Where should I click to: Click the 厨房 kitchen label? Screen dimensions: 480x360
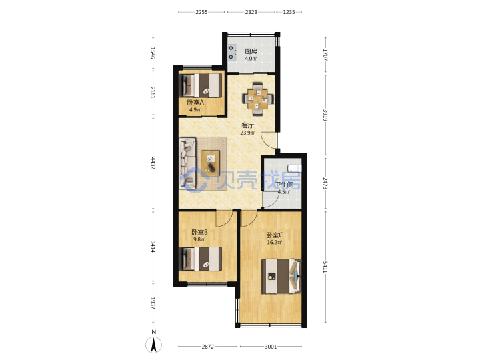point(251,51)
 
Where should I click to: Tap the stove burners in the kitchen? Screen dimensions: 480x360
point(233,53)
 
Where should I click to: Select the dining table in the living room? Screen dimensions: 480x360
point(257,99)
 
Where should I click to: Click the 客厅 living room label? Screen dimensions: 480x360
point(247,125)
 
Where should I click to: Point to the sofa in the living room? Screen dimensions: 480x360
point(187,163)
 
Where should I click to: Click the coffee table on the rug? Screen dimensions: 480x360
point(210,161)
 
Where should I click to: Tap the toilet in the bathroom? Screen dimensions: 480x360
point(295,168)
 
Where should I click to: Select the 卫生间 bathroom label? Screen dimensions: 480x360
point(284,185)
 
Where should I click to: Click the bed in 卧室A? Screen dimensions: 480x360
point(201,85)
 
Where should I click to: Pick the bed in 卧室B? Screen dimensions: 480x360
point(201,259)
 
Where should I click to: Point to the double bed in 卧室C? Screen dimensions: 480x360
point(281,276)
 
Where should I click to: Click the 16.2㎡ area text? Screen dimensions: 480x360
point(275,243)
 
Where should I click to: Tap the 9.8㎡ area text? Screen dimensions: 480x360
point(199,239)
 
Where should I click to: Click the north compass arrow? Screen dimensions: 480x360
point(154,345)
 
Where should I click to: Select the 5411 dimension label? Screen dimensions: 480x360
point(325,267)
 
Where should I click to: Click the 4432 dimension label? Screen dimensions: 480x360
point(153,163)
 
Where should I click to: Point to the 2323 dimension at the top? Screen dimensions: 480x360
point(251,12)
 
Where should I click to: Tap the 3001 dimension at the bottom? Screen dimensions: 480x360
point(271,347)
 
